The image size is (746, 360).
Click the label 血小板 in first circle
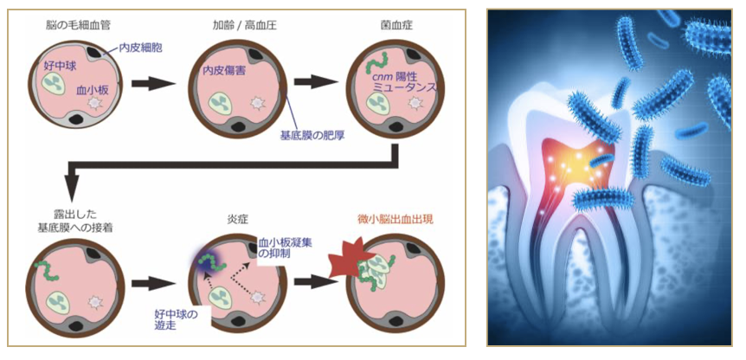[x=92, y=90]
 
